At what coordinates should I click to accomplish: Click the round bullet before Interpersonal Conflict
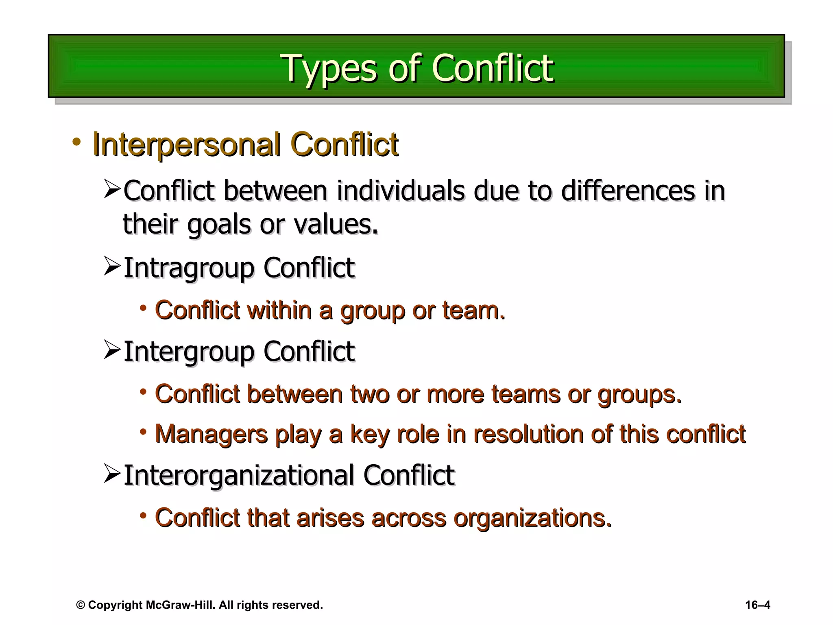pos(76,142)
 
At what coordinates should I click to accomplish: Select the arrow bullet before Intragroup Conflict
pos(112,266)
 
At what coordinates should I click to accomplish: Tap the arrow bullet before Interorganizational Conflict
pos(112,474)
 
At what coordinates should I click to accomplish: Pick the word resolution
pos(528,434)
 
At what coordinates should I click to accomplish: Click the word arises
pos(330,518)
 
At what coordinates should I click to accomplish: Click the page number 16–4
pos(757,605)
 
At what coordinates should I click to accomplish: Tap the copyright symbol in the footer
pos(81,605)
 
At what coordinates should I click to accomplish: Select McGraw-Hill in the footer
pos(179,605)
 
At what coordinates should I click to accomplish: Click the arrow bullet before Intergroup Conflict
pos(112,350)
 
